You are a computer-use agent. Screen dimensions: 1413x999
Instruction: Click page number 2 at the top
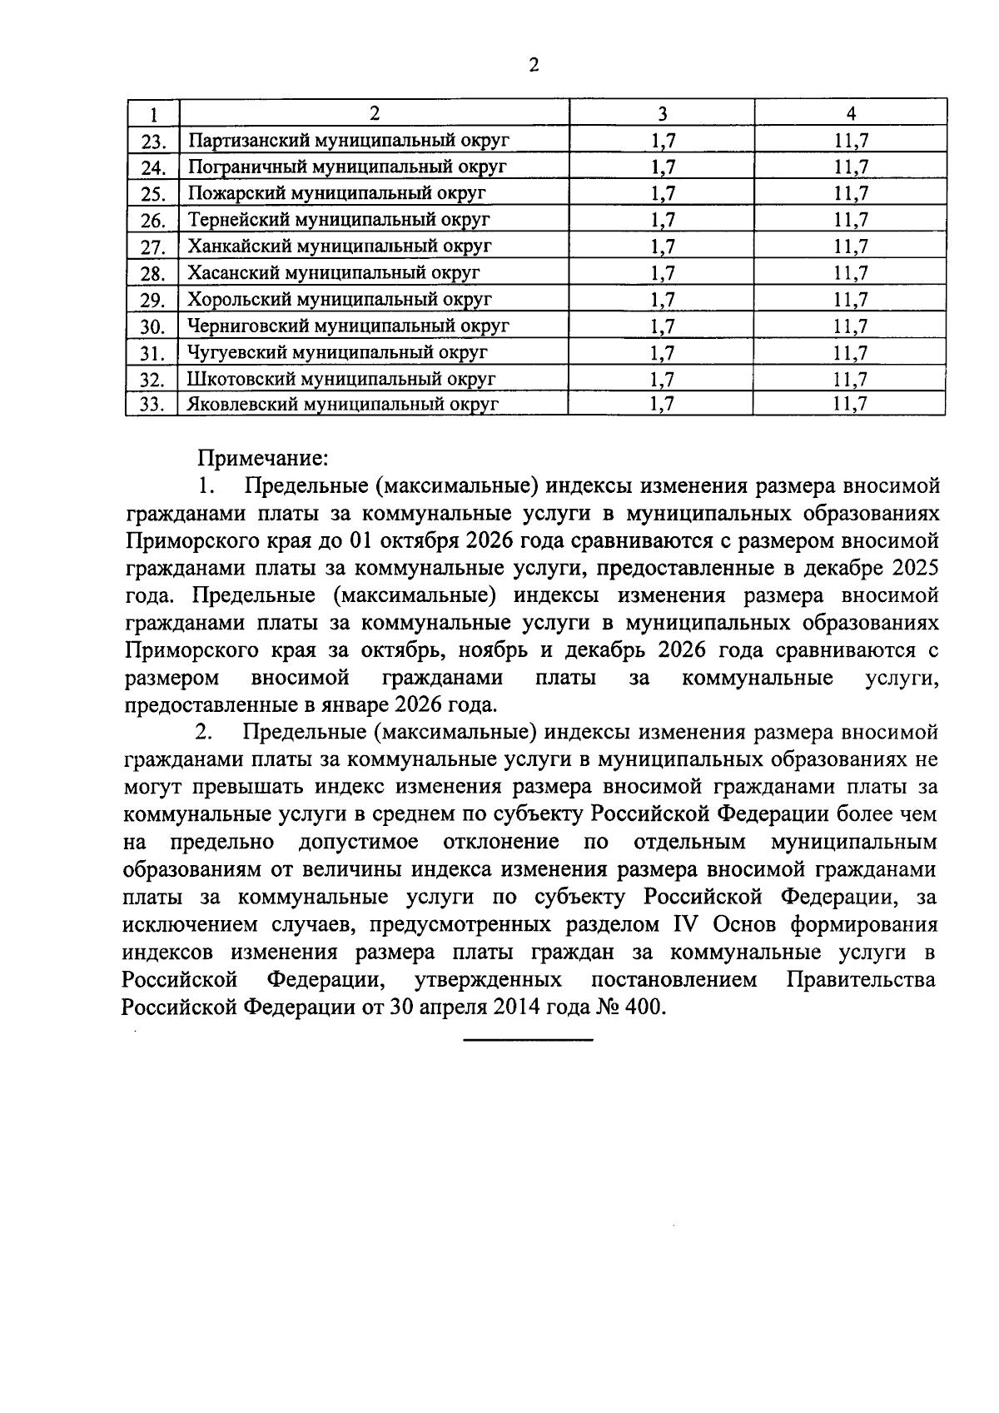[x=533, y=65]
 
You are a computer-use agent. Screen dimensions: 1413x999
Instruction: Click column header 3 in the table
[x=663, y=113]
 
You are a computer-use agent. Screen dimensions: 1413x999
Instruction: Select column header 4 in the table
[x=851, y=113]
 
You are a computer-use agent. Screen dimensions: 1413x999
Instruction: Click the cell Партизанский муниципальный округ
[x=348, y=140]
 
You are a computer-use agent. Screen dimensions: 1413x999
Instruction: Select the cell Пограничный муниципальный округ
[x=347, y=167]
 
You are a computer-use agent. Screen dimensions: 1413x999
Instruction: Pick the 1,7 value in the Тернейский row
[x=663, y=220]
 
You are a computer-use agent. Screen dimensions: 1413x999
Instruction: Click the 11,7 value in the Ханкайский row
[x=851, y=246]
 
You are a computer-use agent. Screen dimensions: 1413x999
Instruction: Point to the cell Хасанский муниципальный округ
[x=334, y=272]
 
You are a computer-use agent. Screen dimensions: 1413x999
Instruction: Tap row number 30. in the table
[x=154, y=327]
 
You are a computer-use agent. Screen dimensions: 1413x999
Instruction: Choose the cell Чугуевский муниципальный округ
[x=337, y=352]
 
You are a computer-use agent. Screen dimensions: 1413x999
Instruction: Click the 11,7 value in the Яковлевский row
[x=850, y=405]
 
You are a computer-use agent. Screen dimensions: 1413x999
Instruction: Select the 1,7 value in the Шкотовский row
[x=663, y=379]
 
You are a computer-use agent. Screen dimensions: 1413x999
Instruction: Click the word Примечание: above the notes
[x=263, y=458]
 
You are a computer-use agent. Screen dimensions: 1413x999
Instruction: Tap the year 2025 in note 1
[x=914, y=569]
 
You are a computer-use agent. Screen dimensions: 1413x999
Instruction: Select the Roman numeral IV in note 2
[x=683, y=925]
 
